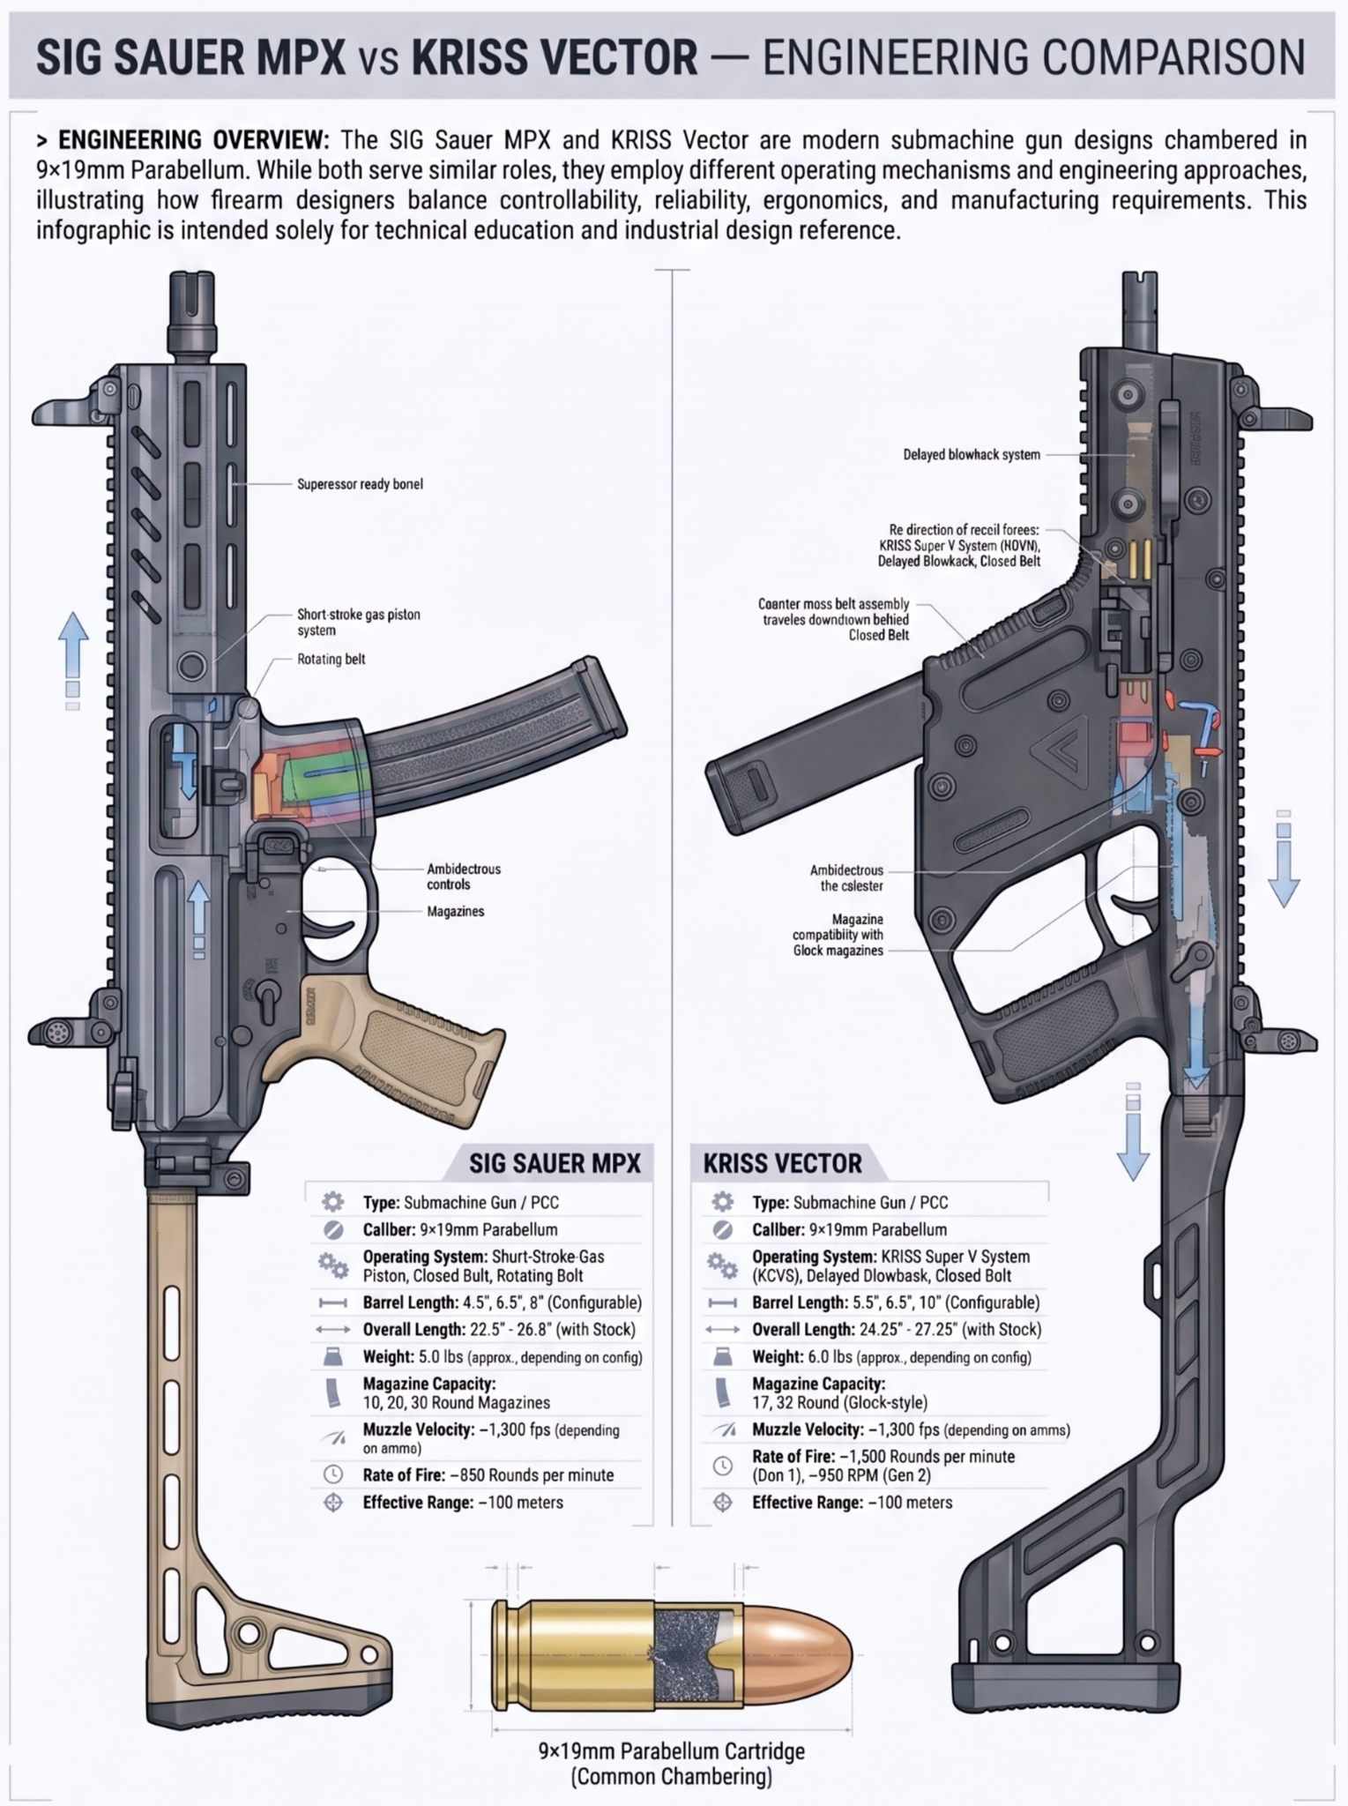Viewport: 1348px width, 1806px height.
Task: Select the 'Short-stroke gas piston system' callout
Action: [x=358, y=623]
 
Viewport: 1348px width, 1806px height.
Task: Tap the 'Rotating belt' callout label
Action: [x=331, y=659]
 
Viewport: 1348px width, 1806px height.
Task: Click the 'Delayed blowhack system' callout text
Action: [x=971, y=455]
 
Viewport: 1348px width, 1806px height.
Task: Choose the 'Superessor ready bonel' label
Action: [x=360, y=484]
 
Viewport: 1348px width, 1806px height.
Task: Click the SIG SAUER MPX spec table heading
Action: [x=555, y=1162]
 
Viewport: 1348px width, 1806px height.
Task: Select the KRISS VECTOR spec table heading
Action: [x=782, y=1162]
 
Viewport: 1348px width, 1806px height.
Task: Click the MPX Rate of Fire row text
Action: [x=488, y=1474]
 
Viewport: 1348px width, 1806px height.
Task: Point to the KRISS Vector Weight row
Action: [x=891, y=1356]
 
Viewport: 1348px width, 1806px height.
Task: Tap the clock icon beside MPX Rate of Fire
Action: [x=333, y=1474]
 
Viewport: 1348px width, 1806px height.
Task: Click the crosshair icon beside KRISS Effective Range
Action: [x=723, y=1502]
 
